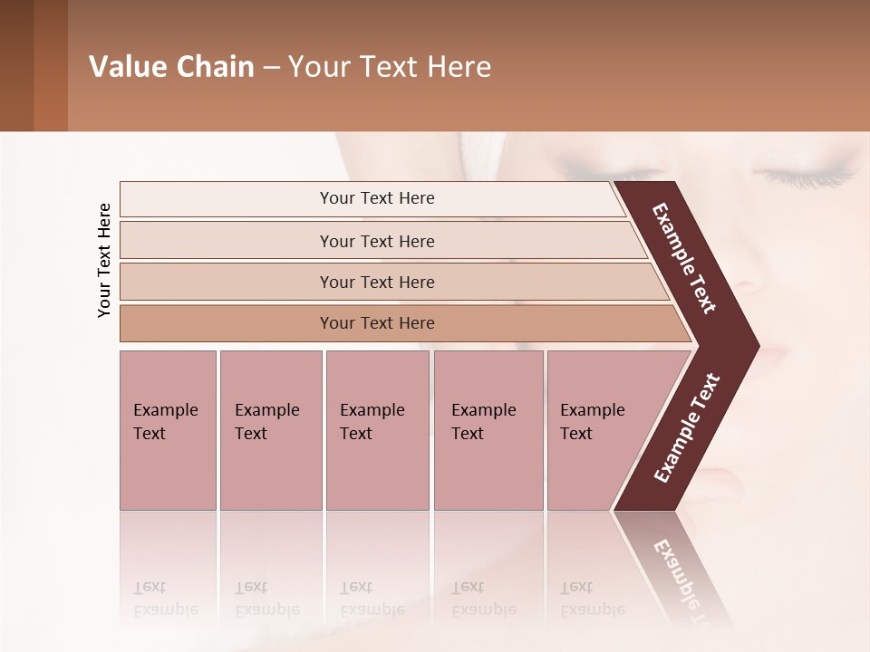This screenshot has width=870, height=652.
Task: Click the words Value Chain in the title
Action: click(171, 67)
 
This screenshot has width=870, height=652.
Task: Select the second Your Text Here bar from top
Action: click(377, 241)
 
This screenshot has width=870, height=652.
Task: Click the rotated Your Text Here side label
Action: click(104, 260)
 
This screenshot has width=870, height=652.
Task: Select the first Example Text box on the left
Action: click(168, 430)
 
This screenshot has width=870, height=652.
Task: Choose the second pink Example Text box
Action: click(270, 430)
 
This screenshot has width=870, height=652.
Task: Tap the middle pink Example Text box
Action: click(377, 430)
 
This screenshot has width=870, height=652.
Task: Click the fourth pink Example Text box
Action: click(488, 430)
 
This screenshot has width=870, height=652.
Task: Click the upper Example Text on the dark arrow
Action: click(685, 259)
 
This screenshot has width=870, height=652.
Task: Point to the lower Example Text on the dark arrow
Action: click(687, 427)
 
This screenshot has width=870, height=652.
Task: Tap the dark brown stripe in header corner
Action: click(16, 65)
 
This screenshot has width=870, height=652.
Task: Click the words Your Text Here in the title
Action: click(390, 67)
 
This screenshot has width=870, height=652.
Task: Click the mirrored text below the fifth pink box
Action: click(591, 599)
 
